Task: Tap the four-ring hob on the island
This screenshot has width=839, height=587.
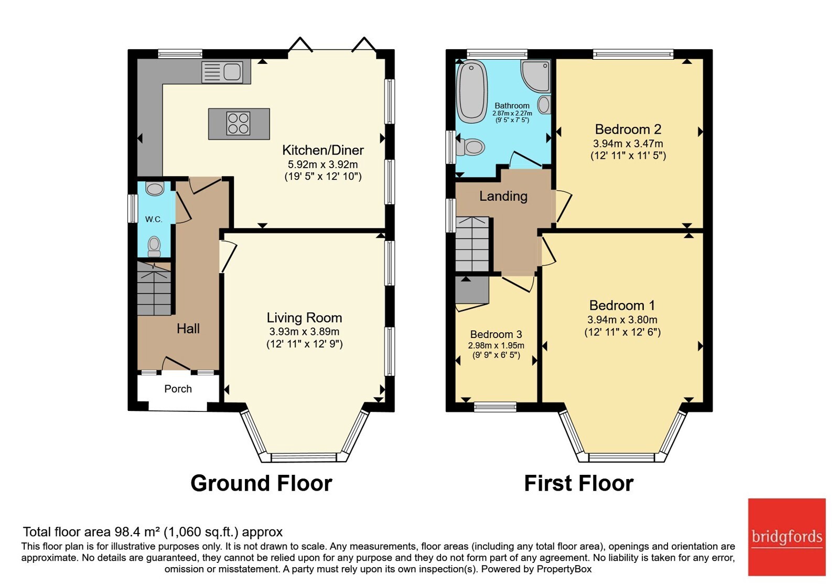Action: coord(238,124)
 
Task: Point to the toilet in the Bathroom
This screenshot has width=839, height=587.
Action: coord(470,147)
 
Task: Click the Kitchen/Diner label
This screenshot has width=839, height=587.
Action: coord(323,150)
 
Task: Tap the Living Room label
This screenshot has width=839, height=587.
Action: coord(304,318)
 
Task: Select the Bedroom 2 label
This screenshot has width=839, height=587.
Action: coord(628,129)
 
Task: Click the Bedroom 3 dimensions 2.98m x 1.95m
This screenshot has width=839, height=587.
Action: coord(496,345)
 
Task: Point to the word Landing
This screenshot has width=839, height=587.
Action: coord(503,196)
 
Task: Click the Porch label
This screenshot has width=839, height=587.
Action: coord(178,389)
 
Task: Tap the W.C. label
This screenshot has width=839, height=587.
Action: coord(154,220)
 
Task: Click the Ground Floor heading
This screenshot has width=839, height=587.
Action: coord(262,483)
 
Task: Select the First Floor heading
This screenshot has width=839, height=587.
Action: coord(579,483)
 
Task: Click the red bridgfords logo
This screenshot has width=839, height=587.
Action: coord(787,537)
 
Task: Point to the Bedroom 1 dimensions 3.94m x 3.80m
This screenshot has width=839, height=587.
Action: coord(622,320)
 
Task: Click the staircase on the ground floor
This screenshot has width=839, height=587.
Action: coord(154,288)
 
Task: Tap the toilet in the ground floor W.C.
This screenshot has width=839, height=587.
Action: coord(154,246)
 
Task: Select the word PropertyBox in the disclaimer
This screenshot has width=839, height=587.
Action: coord(564,569)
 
